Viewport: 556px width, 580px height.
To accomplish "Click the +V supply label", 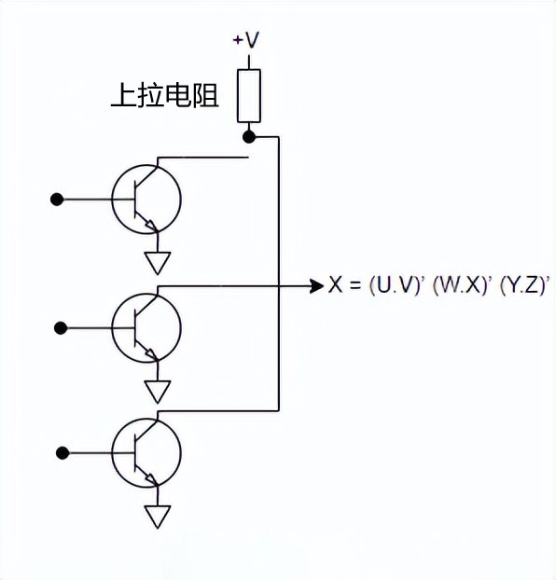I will pyautogui.click(x=247, y=40).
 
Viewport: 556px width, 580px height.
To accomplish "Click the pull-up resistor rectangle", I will pyautogui.click(x=248, y=94).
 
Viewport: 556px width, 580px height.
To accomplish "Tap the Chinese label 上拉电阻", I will pyautogui.click(x=164, y=96).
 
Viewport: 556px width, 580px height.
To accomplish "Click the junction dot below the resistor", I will pyautogui.click(x=248, y=137).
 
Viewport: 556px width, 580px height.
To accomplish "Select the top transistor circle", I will pyautogui.click(x=146, y=199).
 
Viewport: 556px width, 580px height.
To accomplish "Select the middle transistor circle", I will pyautogui.click(x=146, y=327).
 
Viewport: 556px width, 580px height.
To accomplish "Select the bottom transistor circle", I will pyautogui.click(x=146, y=453).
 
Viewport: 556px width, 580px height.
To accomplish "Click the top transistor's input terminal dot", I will pyautogui.click(x=57, y=199).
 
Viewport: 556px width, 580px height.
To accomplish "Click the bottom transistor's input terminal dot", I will pyautogui.click(x=62, y=453).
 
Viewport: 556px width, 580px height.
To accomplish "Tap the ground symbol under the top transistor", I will pyautogui.click(x=159, y=261).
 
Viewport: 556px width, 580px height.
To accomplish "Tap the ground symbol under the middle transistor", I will pyautogui.click(x=159, y=389).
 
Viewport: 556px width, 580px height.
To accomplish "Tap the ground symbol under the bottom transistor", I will pyautogui.click(x=159, y=516).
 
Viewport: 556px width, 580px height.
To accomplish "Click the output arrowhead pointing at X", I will pyautogui.click(x=316, y=286).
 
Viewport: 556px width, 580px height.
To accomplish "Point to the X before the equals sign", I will pyautogui.click(x=336, y=286).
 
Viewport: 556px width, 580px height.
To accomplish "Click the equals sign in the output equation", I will pyautogui.click(x=355, y=286).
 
